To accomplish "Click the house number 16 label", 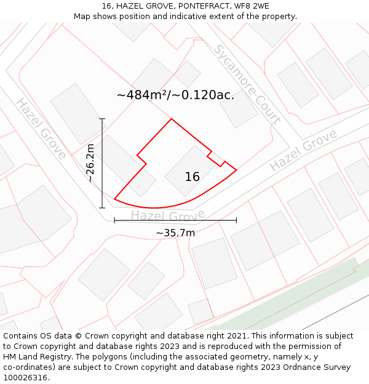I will (x=192, y=177).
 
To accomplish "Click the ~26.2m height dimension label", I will (x=90, y=163).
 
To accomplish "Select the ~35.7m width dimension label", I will (x=175, y=233).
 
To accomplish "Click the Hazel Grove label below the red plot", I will (x=168, y=216).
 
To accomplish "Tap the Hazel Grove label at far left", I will (x=41, y=128).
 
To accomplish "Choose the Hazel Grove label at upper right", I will (x=303, y=151).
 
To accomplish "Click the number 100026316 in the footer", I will (x=25, y=378).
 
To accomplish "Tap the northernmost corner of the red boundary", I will (x=171, y=119).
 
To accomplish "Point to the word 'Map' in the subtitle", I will (x=83, y=17).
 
